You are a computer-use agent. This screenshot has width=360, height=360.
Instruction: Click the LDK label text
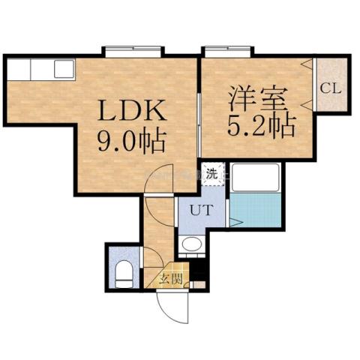pyautogui.click(x=133, y=112)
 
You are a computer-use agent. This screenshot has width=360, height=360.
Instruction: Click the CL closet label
pyautogui.click(x=331, y=87)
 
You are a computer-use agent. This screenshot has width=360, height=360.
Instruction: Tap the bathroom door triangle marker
pyautogui.click(x=235, y=223)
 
